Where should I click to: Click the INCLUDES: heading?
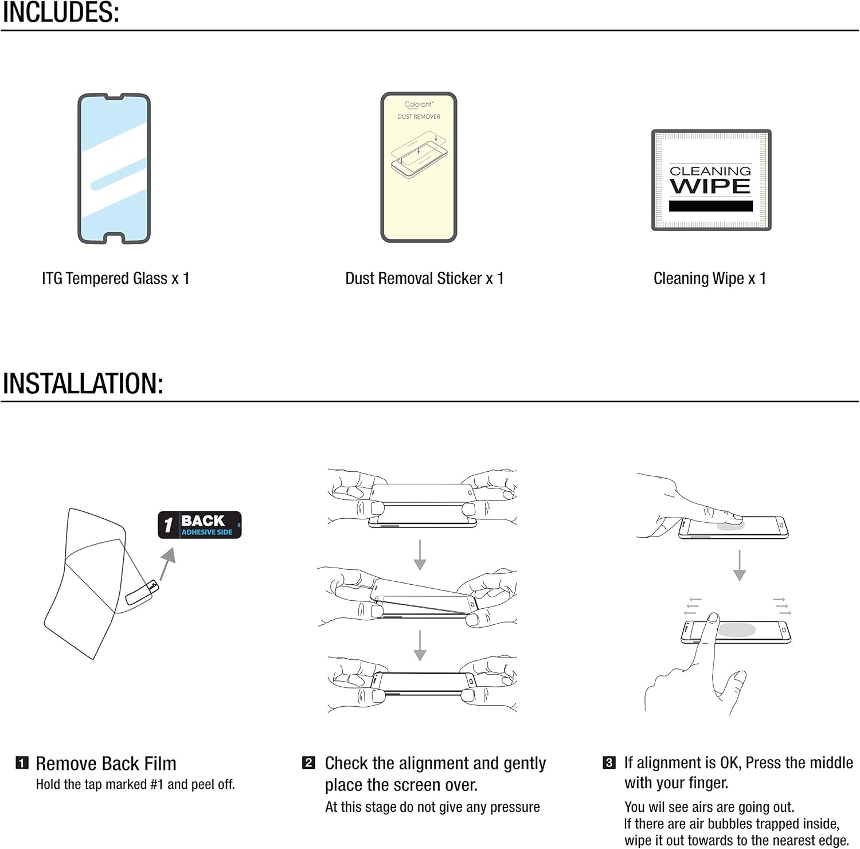(x=61, y=13)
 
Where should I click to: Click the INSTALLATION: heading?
(x=83, y=384)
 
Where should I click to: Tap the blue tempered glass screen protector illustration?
(x=114, y=168)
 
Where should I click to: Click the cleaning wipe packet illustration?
(x=711, y=180)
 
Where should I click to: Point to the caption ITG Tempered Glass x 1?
(x=115, y=279)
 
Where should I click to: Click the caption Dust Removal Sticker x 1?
(x=424, y=279)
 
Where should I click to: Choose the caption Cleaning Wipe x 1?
(x=710, y=279)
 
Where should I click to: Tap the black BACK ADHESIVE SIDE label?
(x=200, y=525)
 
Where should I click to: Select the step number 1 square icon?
(x=22, y=763)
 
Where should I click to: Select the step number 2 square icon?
(x=308, y=762)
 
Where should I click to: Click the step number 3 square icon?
(x=609, y=762)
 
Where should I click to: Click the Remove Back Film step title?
(x=106, y=764)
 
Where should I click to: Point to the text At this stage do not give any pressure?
(x=432, y=807)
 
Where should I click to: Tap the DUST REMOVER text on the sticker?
(x=419, y=116)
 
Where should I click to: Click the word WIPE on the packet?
(x=710, y=186)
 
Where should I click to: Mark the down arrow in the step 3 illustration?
(x=740, y=565)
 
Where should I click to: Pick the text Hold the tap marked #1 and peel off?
(x=135, y=784)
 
